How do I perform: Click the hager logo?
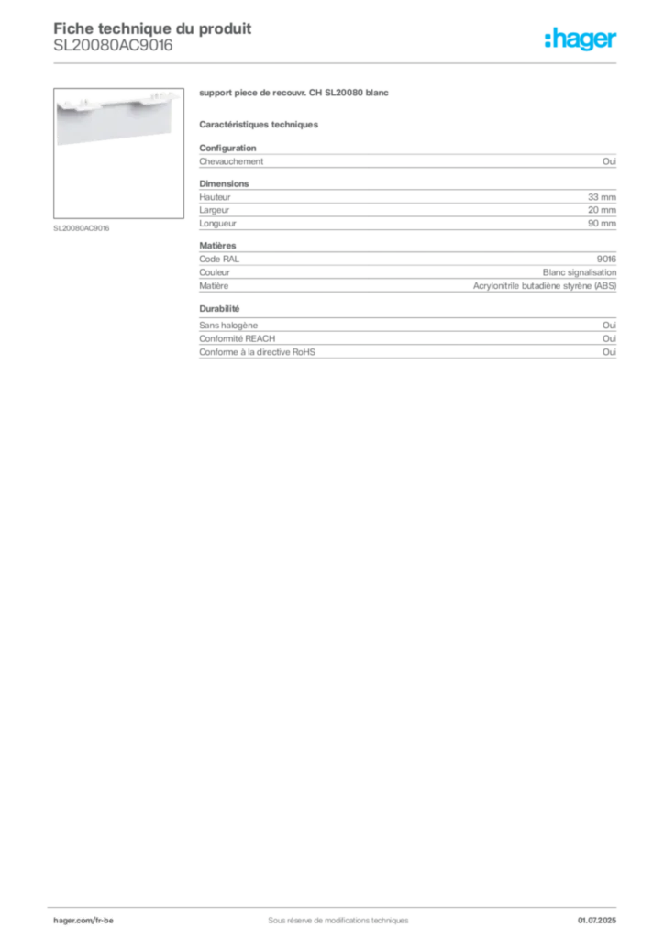581,39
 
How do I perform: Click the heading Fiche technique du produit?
152,28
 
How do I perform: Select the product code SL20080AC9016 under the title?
113,46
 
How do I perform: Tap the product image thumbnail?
118,153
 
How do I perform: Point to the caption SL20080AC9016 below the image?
82,228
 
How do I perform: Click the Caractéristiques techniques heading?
259,125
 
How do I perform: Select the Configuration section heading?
227,148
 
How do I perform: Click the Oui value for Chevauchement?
609,161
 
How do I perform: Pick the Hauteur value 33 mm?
602,197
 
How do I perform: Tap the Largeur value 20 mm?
602,210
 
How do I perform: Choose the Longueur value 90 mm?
602,224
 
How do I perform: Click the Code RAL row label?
219,260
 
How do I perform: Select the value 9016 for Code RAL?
606,260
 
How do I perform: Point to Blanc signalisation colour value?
580,272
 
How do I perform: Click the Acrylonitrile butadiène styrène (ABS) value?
545,286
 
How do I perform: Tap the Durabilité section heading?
219,309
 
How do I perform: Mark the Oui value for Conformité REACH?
609,339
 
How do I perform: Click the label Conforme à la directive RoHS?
257,352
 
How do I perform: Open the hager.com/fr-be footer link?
83,921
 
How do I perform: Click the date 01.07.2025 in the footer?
597,921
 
